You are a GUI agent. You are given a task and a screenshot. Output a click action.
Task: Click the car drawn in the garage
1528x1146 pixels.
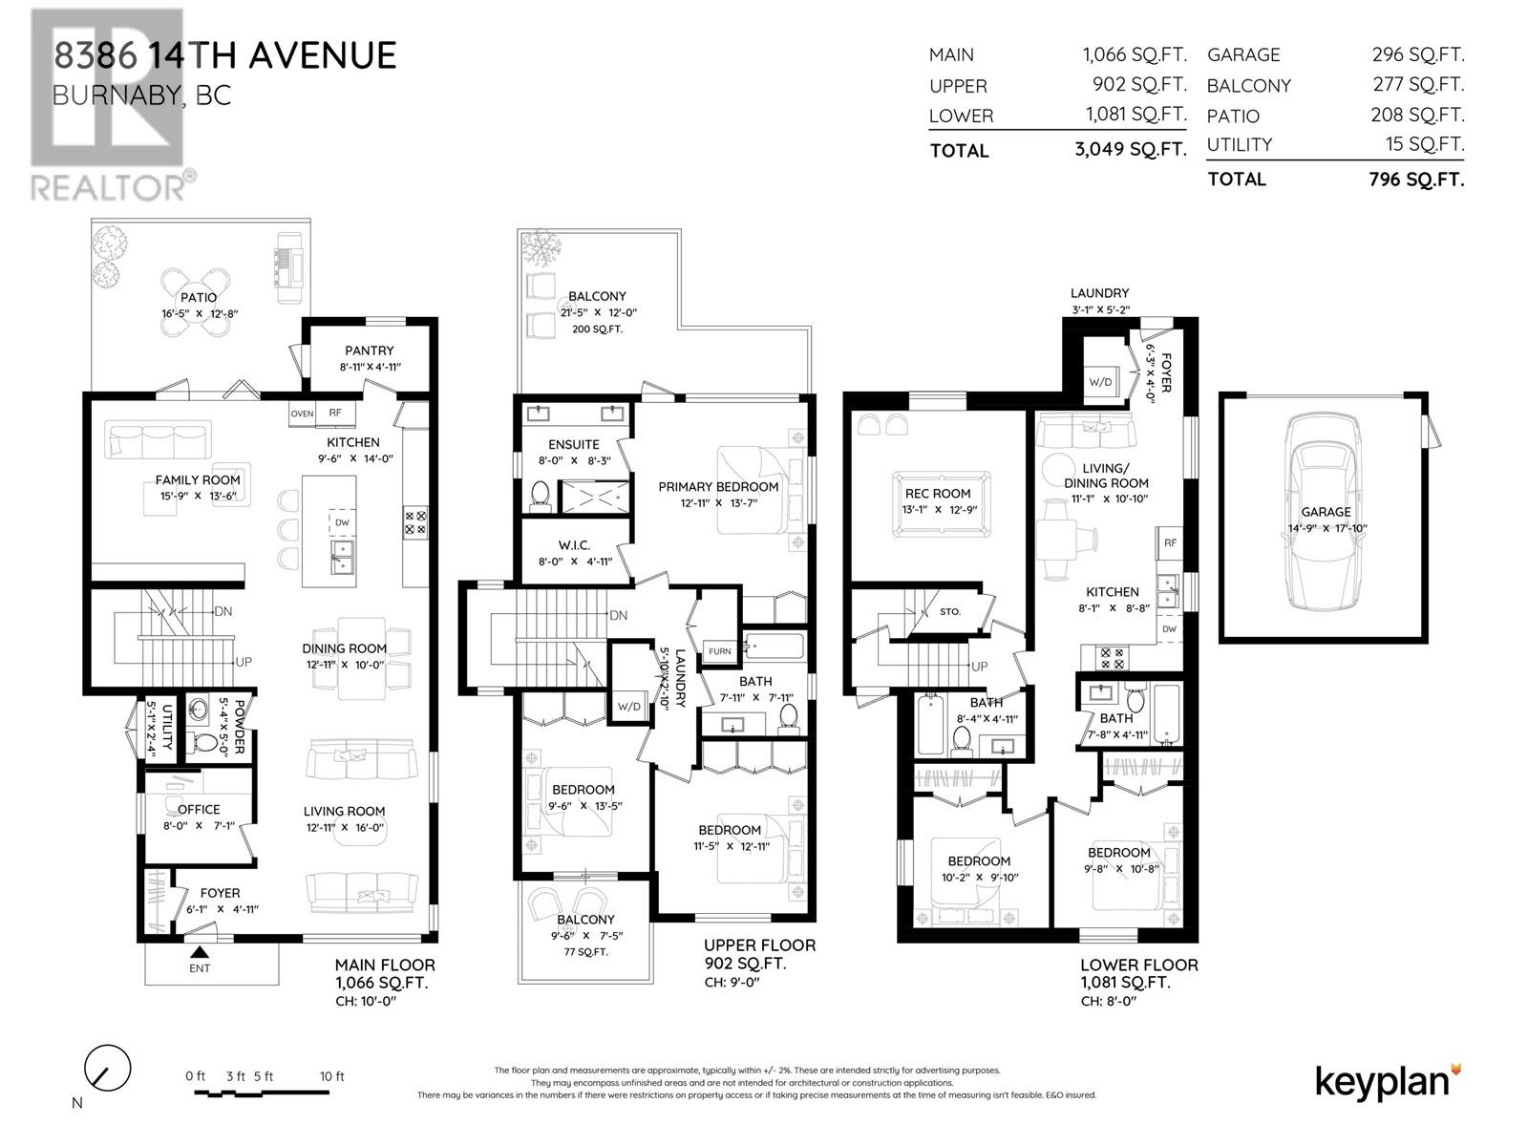point(1326,516)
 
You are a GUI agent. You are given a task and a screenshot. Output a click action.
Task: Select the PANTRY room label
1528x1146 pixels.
point(370,350)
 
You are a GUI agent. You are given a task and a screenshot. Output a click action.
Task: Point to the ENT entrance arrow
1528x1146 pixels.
point(200,952)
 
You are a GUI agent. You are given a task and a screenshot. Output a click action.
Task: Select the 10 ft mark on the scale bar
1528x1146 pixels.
point(332,1076)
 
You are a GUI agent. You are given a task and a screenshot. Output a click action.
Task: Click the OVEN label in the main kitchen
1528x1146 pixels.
point(302,414)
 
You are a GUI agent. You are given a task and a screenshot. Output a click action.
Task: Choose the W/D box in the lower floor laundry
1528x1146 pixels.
point(1100,381)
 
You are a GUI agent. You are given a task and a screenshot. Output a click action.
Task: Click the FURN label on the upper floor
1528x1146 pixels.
point(719,651)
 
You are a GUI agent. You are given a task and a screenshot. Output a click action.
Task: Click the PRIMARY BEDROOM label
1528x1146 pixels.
point(718,487)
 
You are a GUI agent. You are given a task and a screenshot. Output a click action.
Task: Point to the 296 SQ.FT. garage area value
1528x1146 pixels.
point(1417,54)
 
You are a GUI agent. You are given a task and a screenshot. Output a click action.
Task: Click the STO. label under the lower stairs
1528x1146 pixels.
point(949,611)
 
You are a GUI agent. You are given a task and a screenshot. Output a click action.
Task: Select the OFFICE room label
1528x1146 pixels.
point(199,809)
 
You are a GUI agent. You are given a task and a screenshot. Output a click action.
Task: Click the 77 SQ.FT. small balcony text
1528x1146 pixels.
point(585,952)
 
